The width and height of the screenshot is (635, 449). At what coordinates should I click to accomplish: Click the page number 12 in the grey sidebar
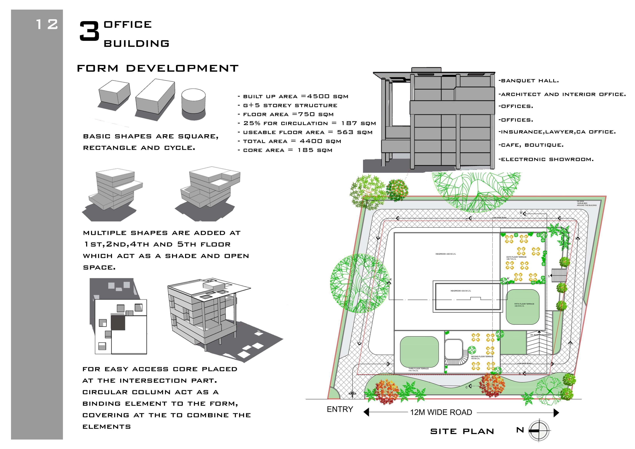(x=47, y=24)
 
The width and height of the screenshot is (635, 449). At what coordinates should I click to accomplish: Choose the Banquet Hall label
(x=529, y=81)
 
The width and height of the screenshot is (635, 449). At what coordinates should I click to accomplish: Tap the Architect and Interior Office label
(x=562, y=94)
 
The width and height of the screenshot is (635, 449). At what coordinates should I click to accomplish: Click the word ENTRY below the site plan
(x=340, y=409)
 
